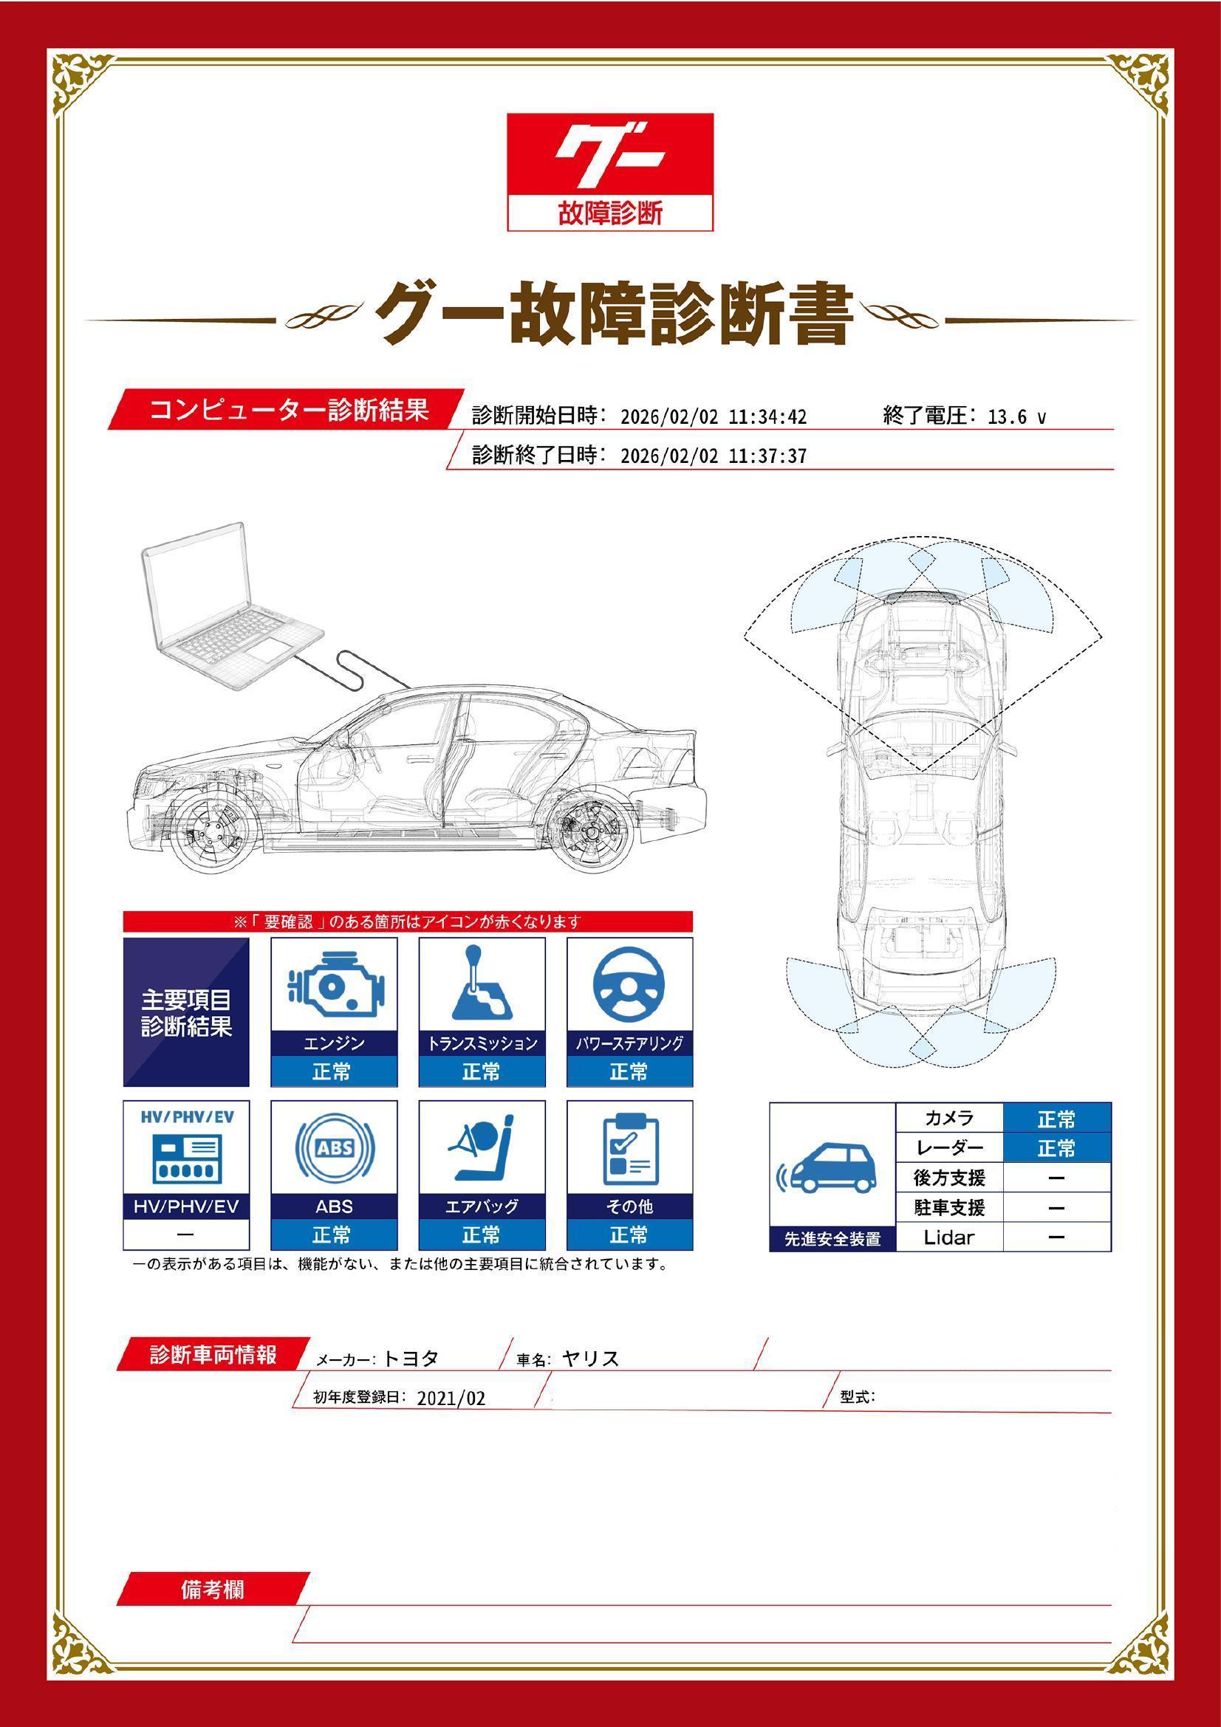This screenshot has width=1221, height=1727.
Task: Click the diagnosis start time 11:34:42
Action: click(767, 416)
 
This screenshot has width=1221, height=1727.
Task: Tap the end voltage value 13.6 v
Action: click(1016, 416)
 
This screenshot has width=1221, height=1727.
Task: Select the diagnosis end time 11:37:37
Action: click(767, 456)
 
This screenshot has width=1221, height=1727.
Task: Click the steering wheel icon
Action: click(629, 986)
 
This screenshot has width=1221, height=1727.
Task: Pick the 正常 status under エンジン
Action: click(333, 1071)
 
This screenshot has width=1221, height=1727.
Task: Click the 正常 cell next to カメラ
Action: click(1056, 1119)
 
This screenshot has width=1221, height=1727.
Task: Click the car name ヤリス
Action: click(591, 1359)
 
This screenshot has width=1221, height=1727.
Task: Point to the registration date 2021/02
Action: click(451, 1398)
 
